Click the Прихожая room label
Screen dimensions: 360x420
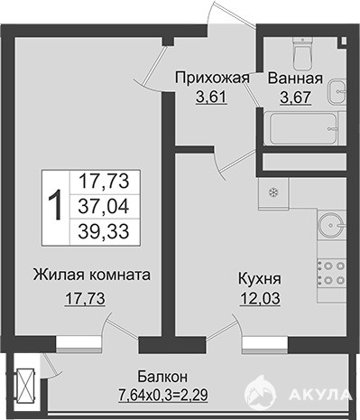[x=213, y=79]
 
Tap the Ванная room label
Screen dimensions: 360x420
[x=295, y=79]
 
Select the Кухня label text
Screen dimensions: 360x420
[x=260, y=279]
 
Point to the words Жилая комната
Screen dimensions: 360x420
[x=92, y=275]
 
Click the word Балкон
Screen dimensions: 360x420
[x=162, y=377]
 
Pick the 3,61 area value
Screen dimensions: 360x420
[x=211, y=98]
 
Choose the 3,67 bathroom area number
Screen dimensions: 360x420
[x=295, y=98]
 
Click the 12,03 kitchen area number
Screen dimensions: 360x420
[x=260, y=298]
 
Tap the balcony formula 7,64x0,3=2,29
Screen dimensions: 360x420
[x=163, y=395]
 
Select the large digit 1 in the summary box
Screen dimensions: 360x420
[x=55, y=206]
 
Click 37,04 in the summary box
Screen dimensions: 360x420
[x=104, y=207]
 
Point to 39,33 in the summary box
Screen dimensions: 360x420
[x=104, y=231]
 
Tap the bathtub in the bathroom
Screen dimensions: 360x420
[x=304, y=128]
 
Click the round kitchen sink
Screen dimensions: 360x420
[x=332, y=225]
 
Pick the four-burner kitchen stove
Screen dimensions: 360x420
[x=332, y=273]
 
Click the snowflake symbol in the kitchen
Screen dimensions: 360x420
[x=273, y=191]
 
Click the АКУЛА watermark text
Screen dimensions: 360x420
[x=320, y=395]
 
